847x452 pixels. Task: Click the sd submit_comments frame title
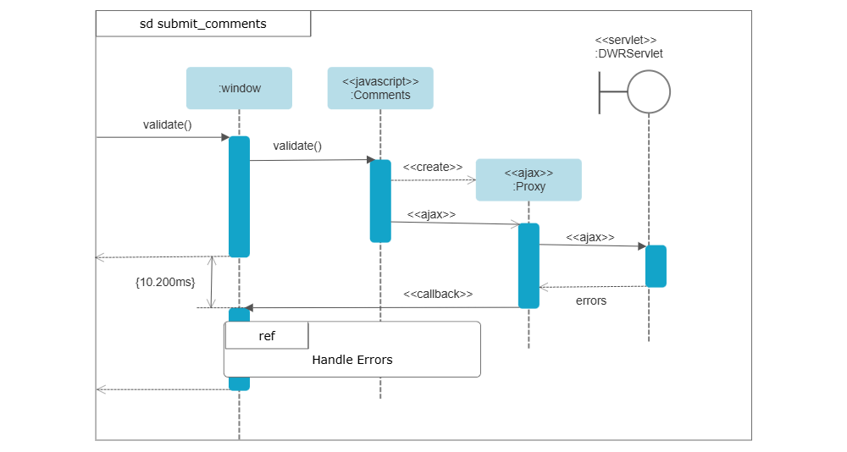tap(203, 24)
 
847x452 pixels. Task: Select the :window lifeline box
tap(239, 88)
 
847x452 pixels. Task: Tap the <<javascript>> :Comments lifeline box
tap(380, 88)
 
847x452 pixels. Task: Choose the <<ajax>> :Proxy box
tap(529, 179)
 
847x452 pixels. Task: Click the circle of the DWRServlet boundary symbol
tap(649, 91)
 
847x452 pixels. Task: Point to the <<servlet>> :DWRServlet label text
tap(628, 47)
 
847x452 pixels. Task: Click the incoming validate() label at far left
tap(168, 125)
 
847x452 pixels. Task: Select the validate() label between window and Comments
tap(297, 146)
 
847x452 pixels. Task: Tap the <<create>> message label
tap(433, 167)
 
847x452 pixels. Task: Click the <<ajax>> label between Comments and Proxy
tap(431, 214)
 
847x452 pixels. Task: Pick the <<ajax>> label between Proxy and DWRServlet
tap(590, 237)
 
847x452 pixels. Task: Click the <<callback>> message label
tap(438, 294)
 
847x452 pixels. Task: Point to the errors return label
tap(590, 300)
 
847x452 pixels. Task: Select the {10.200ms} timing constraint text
tap(165, 281)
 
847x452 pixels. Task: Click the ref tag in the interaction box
tap(267, 336)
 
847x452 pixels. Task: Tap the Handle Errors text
tap(352, 360)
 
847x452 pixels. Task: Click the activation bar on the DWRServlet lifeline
tap(656, 266)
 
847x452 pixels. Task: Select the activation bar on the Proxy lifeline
tap(529, 265)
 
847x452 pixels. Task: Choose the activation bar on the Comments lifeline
tap(380, 201)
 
